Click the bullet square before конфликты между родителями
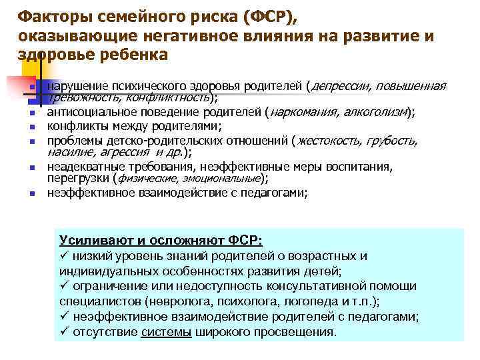pos(31,127)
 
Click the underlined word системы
pos(165,331)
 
